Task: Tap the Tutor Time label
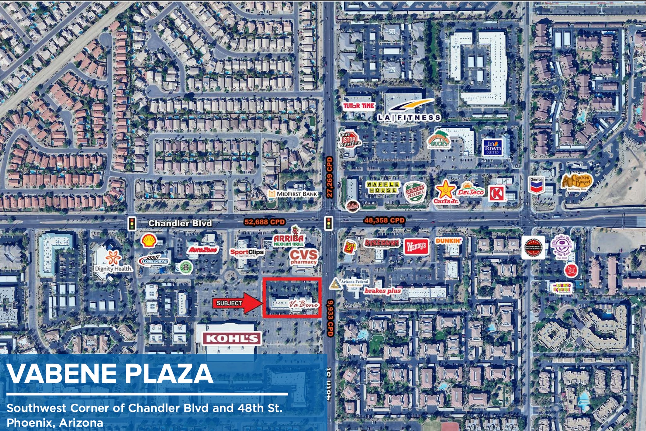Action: pos(359,106)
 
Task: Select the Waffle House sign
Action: pos(383,187)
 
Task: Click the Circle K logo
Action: pos(497,193)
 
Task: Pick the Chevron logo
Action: pos(536,185)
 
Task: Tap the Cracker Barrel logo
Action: pos(577,182)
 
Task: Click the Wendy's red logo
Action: pos(416,246)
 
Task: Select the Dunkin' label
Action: pos(448,241)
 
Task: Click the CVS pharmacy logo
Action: pos(303,256)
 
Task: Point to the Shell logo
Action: pos(149,241)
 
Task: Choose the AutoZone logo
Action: pos(203,250)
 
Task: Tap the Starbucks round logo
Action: pos(185,266)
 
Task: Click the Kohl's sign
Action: pos(232,339)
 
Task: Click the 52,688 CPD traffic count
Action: pos(264,222)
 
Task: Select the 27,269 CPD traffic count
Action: pos(330,178)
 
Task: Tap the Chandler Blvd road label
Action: pos(180,223)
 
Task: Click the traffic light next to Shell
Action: pos(132,223)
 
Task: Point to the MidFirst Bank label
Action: pos(293,194)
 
